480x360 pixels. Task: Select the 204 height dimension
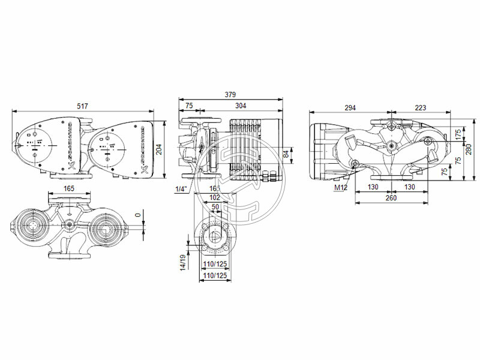(160, 149)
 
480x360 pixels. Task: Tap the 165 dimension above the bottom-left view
(69, 188)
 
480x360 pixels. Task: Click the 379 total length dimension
(230, 94)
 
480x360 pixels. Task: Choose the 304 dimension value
(240, 106)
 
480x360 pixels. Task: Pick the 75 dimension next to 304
(189, 106)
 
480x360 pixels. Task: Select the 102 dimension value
(215, 197)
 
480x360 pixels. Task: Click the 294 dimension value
(350, 107)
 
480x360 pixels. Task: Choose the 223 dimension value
(420, 107)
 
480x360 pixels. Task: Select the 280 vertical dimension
(469, 148)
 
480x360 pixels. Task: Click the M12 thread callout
(341, 188)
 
